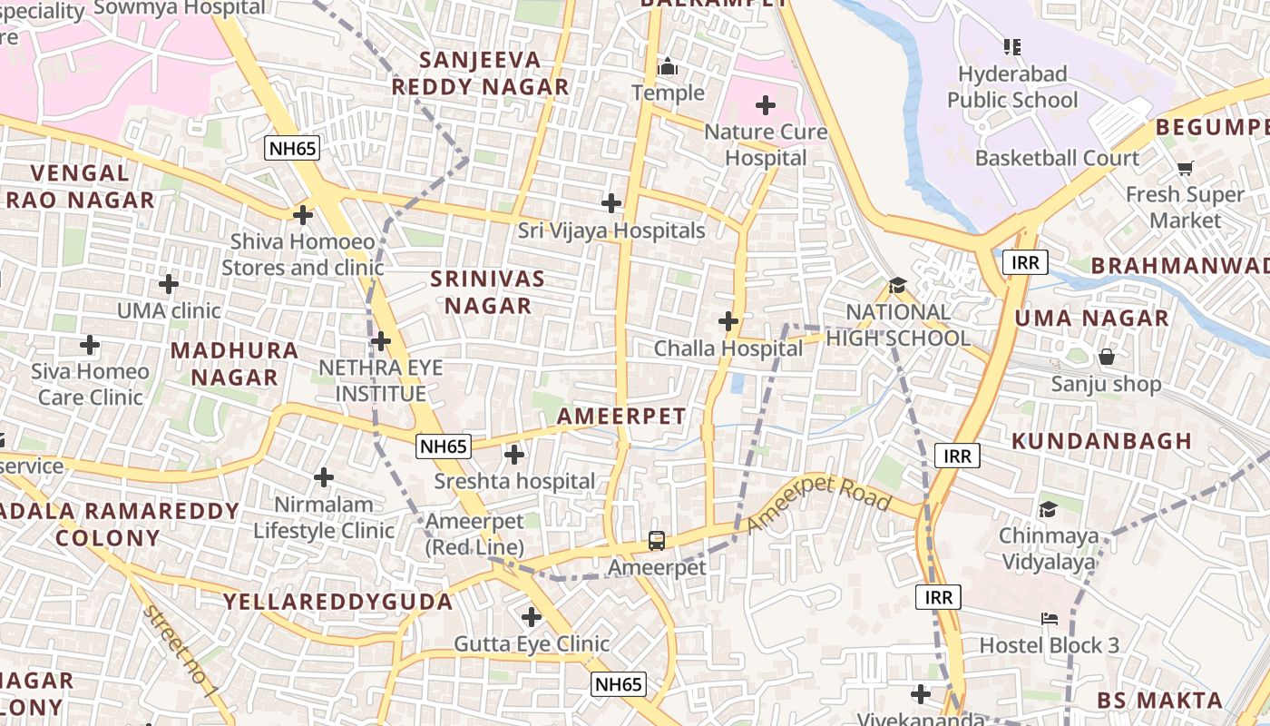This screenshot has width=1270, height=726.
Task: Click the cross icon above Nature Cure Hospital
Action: [x=766, y=105]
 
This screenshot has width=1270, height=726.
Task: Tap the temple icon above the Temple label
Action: [x=669, y=66]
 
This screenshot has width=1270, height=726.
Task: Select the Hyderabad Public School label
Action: [x=1012, y=86]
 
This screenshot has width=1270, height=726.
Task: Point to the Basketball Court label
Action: [x=1057, y=158]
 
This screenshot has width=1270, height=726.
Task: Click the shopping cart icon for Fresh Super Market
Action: [x=1185, y=168]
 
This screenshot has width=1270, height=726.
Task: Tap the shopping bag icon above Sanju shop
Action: [x=1106, y=357]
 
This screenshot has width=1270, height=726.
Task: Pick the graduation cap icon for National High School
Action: [x=897, y=285]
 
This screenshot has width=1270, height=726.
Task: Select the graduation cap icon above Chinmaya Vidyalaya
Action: [x=1048, y=509]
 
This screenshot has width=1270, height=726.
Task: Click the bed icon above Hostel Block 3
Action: [x=1049, y=619]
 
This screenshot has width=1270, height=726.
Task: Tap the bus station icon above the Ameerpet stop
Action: [x=657, y=541]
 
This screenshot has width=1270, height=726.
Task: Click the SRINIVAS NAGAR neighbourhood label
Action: [x=488, y=292]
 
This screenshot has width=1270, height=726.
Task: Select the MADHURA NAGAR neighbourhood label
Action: [x=234, y=363]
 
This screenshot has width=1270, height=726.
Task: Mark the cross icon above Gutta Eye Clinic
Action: [x=532, y=618]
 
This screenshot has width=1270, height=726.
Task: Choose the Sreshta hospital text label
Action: [x=514, y=481]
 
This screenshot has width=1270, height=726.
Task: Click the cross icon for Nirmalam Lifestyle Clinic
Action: [x=324, y=477]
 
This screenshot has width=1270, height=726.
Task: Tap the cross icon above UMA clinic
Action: [x=169, y=284]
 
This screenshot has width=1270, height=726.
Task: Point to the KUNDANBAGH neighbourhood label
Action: [x=1101, y=441]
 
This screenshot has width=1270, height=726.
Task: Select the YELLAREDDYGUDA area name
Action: [x=338, y=602]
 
